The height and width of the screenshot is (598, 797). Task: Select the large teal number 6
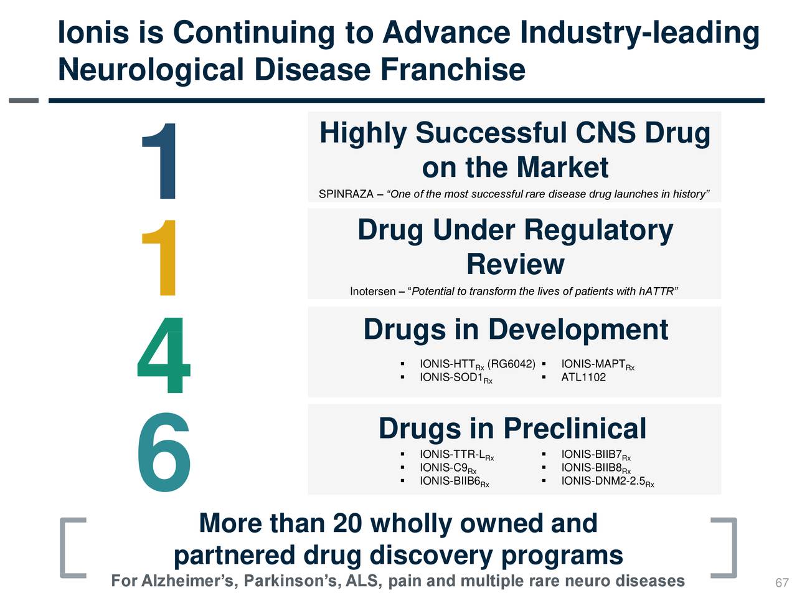163,453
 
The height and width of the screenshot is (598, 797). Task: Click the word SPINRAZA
346,194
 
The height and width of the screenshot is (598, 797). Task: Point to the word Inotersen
372,292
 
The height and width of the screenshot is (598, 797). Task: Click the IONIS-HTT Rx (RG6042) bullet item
477,364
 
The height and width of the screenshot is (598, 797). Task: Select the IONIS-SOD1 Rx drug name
456,378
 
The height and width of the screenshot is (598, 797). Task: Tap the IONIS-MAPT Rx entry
597,364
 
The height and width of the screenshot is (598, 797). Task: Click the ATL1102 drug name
583,377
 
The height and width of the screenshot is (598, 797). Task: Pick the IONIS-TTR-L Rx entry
456,455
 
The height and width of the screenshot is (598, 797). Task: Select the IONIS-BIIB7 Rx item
595,455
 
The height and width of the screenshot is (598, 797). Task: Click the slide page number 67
781,583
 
